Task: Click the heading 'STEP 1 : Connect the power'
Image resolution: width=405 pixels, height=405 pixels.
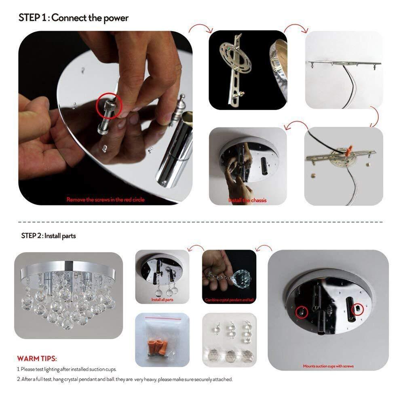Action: tap(73, 18)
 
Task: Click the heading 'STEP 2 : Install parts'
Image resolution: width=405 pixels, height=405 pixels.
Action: tap(48, 236)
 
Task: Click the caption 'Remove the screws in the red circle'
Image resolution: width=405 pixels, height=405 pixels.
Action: tap(105, 200)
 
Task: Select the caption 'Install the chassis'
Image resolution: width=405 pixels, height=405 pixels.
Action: tap(247, 200)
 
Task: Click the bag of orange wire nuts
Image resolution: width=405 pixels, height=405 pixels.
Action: tap(162, 339)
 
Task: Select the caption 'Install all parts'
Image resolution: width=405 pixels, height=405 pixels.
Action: tap(162, 300)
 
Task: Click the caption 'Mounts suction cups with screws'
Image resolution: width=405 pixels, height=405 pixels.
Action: tap(328, 366)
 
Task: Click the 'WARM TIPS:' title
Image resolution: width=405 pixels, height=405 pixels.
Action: tap(37, 358)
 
